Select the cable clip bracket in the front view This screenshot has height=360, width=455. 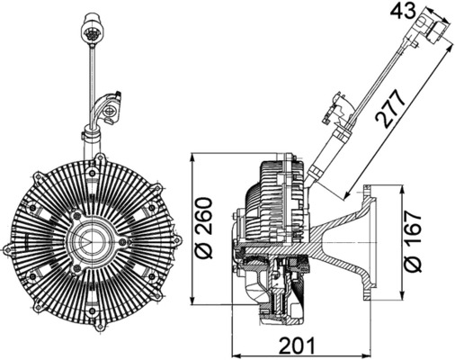[110, 110]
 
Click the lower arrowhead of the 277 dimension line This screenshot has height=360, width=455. [345, 197]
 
